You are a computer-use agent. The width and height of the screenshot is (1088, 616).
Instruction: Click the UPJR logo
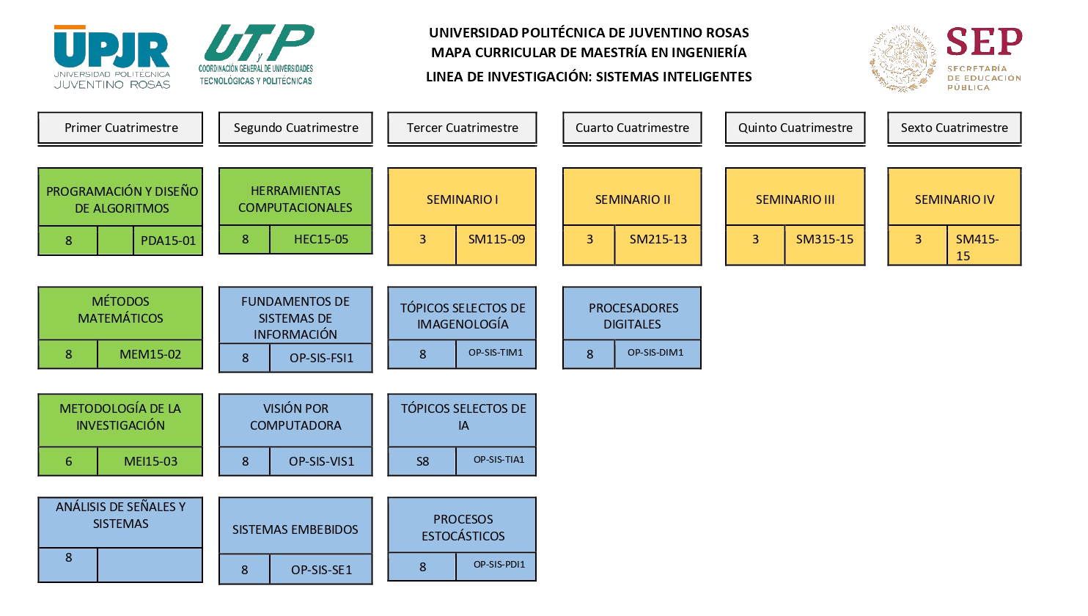tap(112, 57)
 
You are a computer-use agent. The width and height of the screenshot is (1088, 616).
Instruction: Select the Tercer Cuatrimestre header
tap(462, 128)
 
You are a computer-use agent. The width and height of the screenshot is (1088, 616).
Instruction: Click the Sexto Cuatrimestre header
tap(954, 128)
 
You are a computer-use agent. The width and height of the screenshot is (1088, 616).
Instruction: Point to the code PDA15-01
tap(168, 241)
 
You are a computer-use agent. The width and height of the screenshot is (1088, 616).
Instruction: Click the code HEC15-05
tap(320, 239)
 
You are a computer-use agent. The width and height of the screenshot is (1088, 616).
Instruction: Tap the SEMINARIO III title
tap(795, 199)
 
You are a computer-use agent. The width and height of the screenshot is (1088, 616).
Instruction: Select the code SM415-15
tap(977, 247)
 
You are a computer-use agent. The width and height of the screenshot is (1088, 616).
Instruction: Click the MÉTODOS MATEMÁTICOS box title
tap(120, 309)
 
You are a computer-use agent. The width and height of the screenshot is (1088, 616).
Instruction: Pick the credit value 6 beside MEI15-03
tap(69, 461)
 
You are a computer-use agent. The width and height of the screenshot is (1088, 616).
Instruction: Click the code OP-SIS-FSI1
tap(320, 358)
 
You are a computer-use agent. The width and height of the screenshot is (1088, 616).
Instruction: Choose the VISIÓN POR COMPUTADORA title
tap(295, 417)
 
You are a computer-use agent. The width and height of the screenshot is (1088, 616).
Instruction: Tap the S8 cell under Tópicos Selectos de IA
tap(422, 461)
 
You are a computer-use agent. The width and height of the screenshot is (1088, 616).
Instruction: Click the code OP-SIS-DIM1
tap(655, 353)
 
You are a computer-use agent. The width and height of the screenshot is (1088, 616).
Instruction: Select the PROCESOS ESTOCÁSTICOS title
tap(463, 527)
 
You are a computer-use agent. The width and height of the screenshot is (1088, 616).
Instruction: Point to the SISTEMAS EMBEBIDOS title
tap(295, 529)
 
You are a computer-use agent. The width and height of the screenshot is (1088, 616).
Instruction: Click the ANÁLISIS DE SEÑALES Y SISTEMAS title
tap(120, 515)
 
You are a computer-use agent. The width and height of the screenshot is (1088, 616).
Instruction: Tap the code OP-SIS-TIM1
tap(495, 353)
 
